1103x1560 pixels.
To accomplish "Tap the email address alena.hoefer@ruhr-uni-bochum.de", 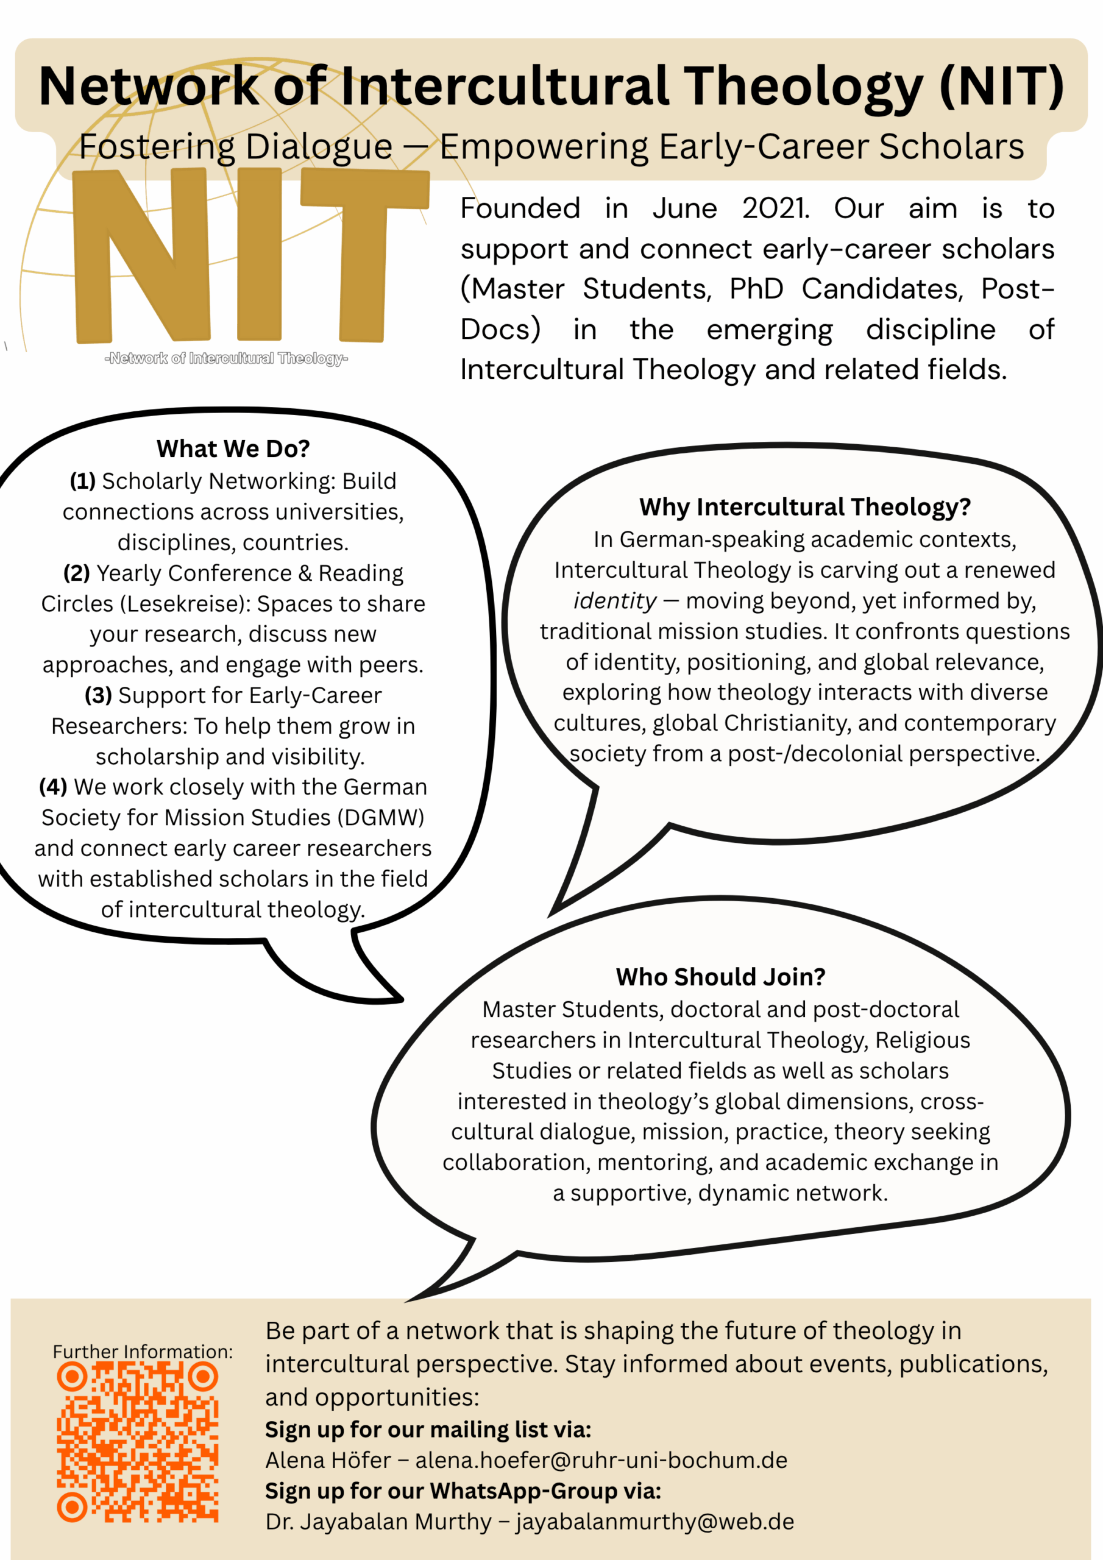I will click(601, 1460).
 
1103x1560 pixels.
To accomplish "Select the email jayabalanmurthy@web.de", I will click(654, 1522).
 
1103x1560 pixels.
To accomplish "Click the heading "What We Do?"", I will click(233, 448).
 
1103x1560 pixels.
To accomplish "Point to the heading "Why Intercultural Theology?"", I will click(804, 507).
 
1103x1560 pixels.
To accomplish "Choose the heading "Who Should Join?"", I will click(720, 976).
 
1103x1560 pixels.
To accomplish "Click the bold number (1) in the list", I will click(82, 481).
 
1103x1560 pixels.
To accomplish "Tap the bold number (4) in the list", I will click(53, 787).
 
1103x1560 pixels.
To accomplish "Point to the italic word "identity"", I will click(615, 601).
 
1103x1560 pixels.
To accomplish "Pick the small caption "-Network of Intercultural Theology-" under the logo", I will click(226, 358).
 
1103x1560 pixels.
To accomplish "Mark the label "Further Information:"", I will click(143, 1352).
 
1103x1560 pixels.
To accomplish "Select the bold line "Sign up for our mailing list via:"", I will click(428, 1430).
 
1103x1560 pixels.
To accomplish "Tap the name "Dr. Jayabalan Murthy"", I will click(378, 1522).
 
